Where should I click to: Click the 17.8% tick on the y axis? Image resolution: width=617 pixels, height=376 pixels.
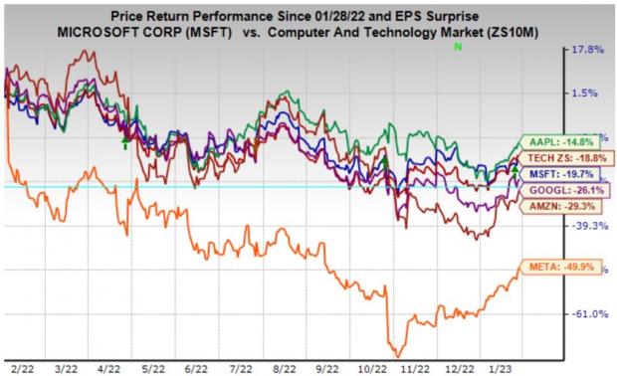(x=587, y=50)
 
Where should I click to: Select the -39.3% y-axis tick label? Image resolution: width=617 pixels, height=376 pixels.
(x=587, y=226)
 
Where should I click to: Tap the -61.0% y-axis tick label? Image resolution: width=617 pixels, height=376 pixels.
(x=587, y=314)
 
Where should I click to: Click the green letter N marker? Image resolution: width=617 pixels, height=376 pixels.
(x=457, y=47)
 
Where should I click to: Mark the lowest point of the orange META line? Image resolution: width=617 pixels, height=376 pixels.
(x=397, y=356)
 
